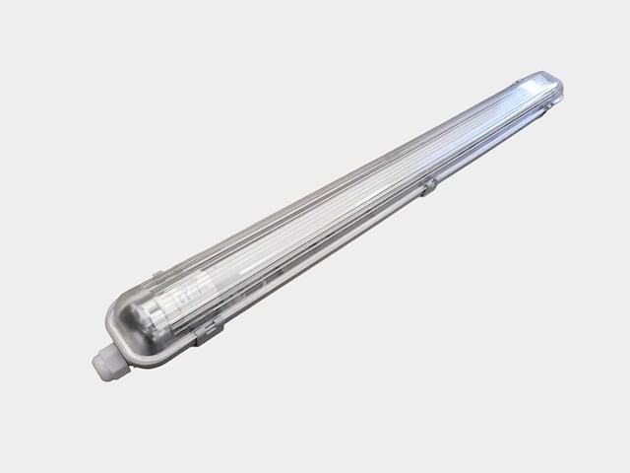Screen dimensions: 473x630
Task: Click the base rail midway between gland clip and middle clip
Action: click(315, 266)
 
